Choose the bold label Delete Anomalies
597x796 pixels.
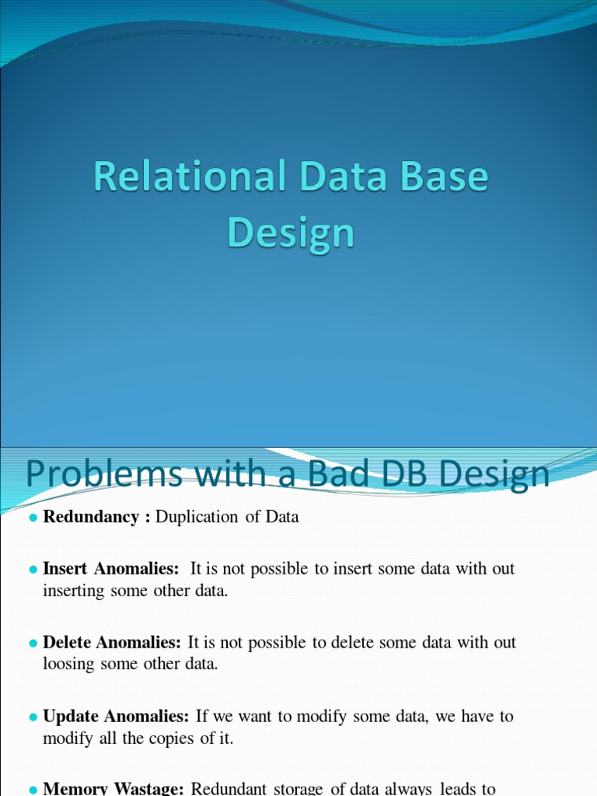click(112, 643)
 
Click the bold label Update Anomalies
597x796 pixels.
click(116, 716)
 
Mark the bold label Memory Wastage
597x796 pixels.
click(113, 788)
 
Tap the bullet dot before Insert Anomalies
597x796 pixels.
click(33, 570)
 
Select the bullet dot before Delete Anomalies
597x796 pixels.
click(33, 644)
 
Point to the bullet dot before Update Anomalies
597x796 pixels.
click(33, 717)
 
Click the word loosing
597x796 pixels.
click(70, 664)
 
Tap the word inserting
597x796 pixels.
click(73, 591)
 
